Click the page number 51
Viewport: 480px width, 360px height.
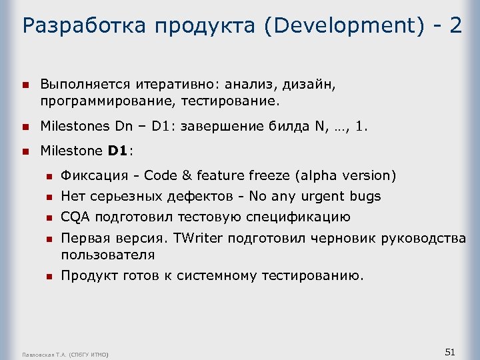pos(449,351)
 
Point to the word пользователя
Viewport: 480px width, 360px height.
pos(108,255)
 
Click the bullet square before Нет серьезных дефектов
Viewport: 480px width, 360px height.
pos(48,197)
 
